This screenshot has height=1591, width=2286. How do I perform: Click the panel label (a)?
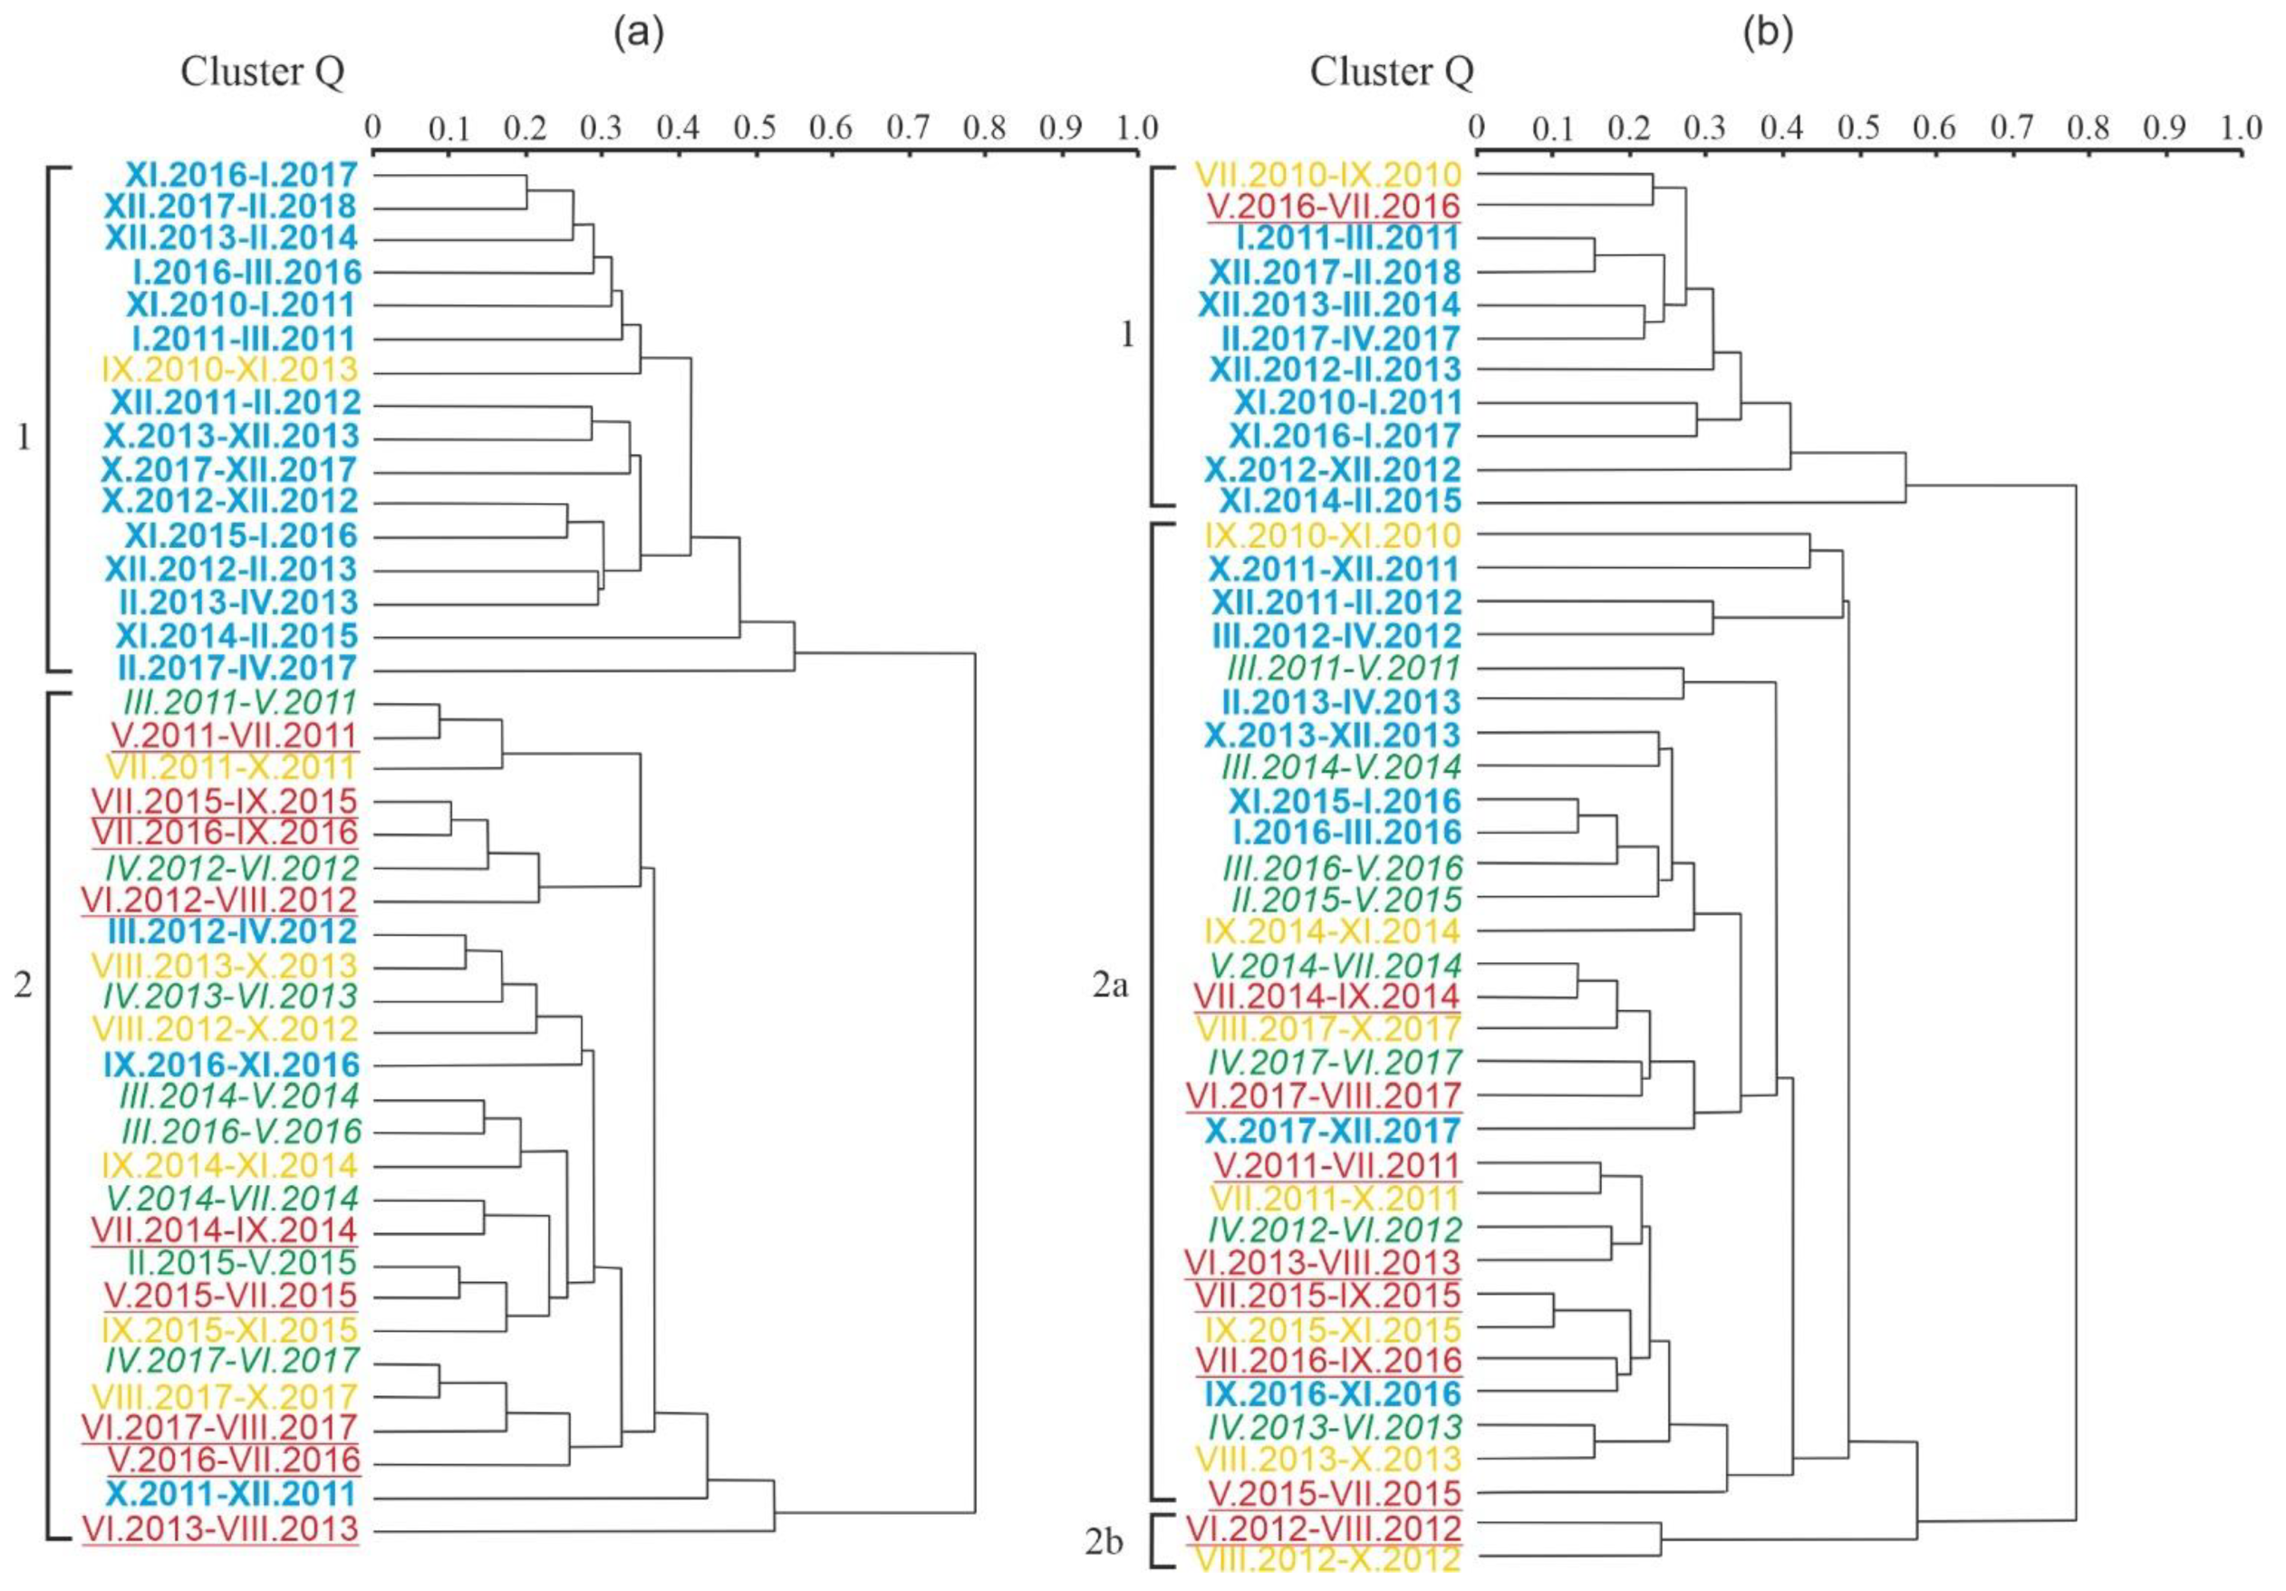638,33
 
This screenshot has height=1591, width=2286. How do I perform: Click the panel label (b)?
1769,33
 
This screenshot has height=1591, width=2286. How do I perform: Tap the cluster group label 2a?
1110,987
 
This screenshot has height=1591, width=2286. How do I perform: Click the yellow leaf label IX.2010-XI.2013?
229,371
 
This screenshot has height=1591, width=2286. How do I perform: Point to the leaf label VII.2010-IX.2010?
1332,174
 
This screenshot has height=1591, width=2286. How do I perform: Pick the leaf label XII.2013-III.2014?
1328,304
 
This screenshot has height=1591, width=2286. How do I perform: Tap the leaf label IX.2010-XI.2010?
1332,535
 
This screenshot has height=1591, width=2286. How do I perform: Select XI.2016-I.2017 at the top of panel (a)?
241,175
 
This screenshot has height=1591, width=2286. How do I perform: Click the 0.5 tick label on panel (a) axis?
756,128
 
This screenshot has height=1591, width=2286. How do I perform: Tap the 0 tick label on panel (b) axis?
1477,128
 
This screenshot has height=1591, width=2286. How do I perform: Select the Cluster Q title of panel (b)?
1391,72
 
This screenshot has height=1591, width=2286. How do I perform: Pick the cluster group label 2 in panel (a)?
23,986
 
